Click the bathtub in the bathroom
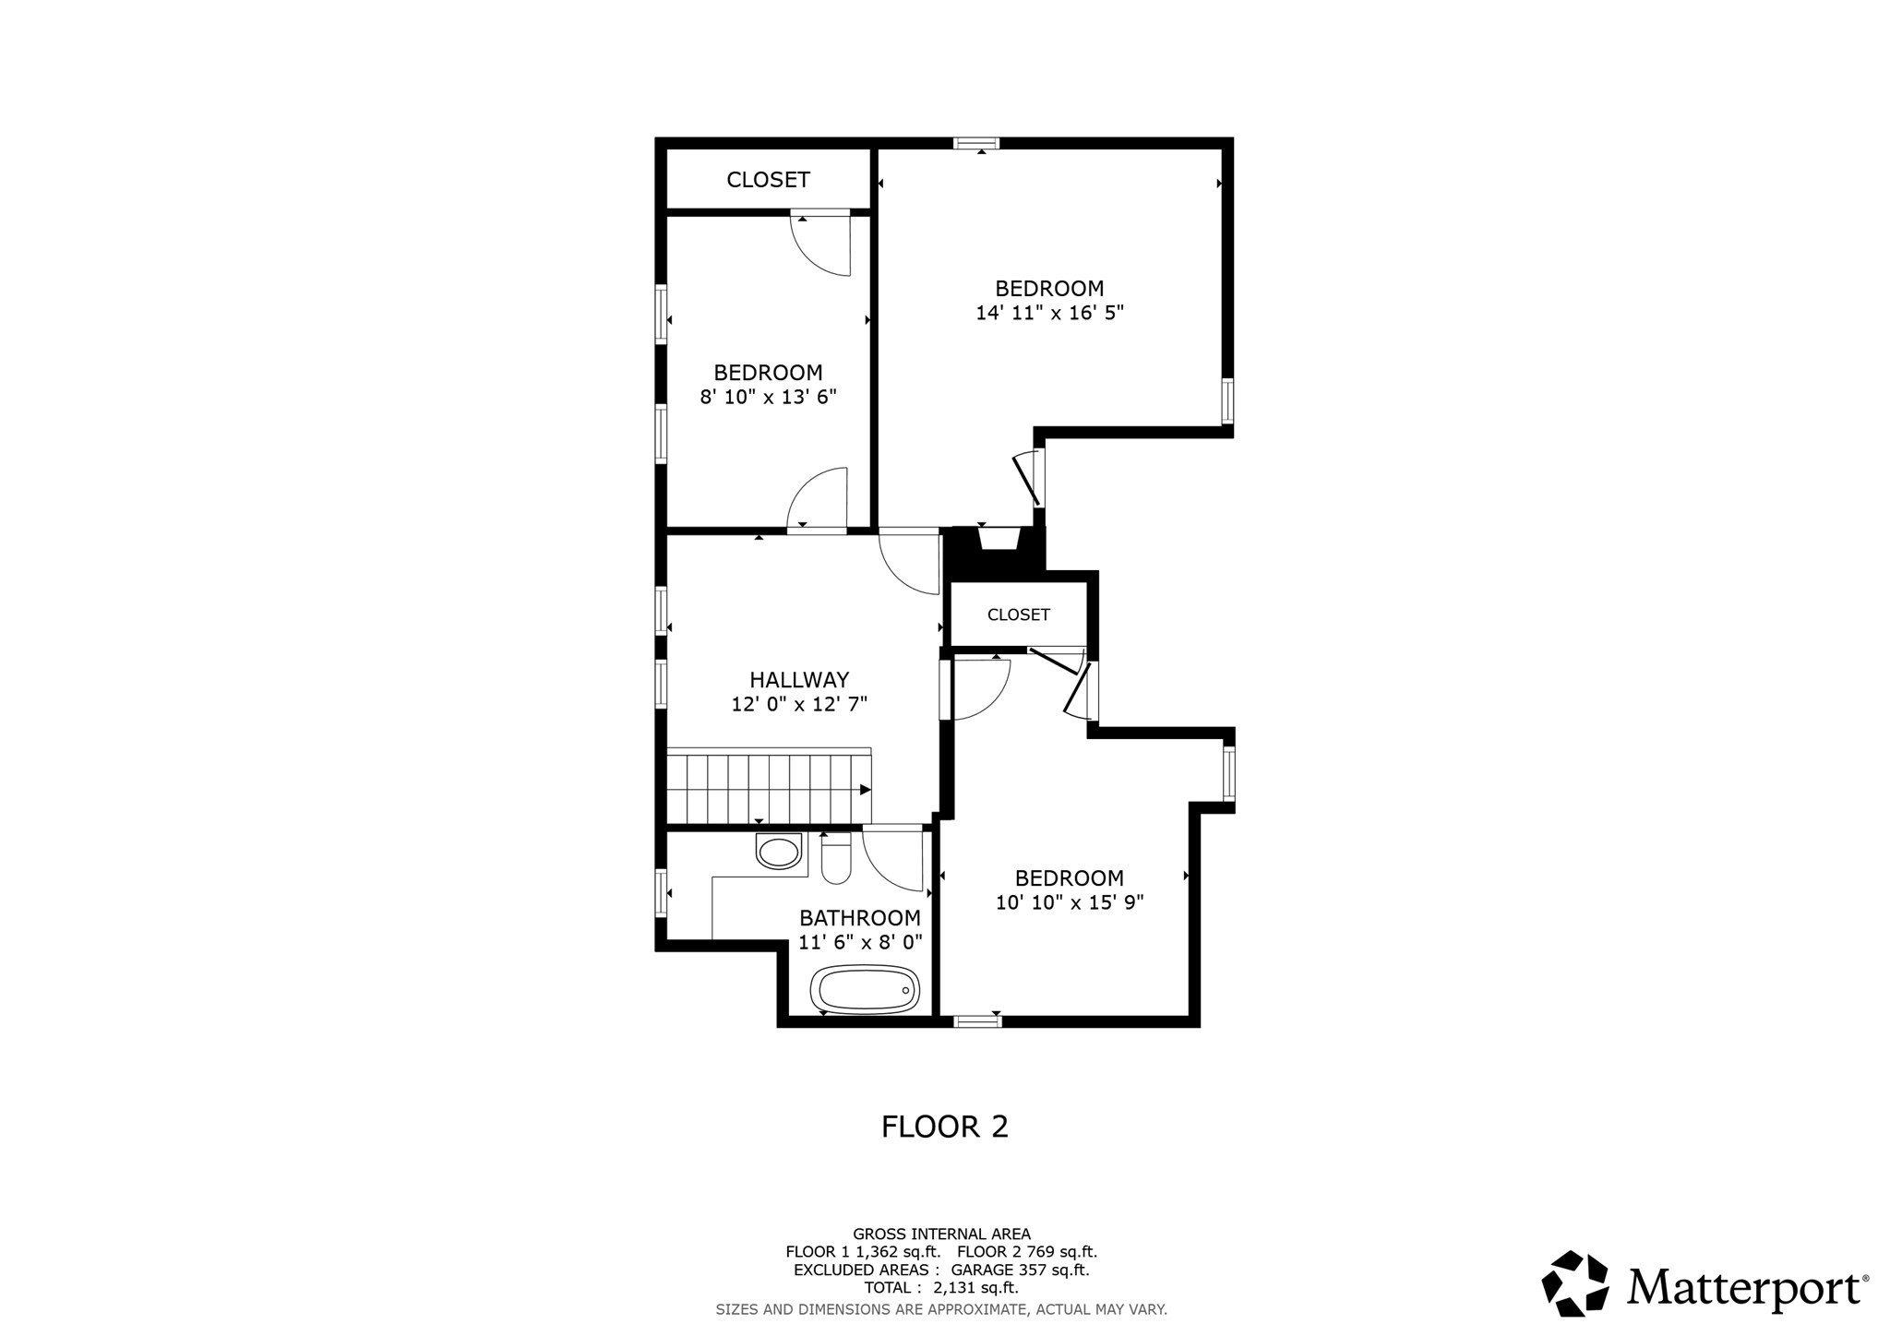(865, 990)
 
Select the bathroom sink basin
(779, 852)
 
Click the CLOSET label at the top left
(768, 180)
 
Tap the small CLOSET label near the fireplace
(1018, 614)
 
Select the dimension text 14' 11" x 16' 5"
(1049, 313)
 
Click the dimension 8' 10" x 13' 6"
(768, 398)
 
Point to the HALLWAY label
(799, 680)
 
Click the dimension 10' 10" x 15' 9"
(1070, 902)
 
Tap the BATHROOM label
(859, 918)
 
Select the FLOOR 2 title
(944, 1127)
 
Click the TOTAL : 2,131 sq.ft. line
(941, 1287)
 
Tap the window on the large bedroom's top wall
(976, 143)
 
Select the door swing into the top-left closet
(821, 245)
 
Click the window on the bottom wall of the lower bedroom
(977, 1021)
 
